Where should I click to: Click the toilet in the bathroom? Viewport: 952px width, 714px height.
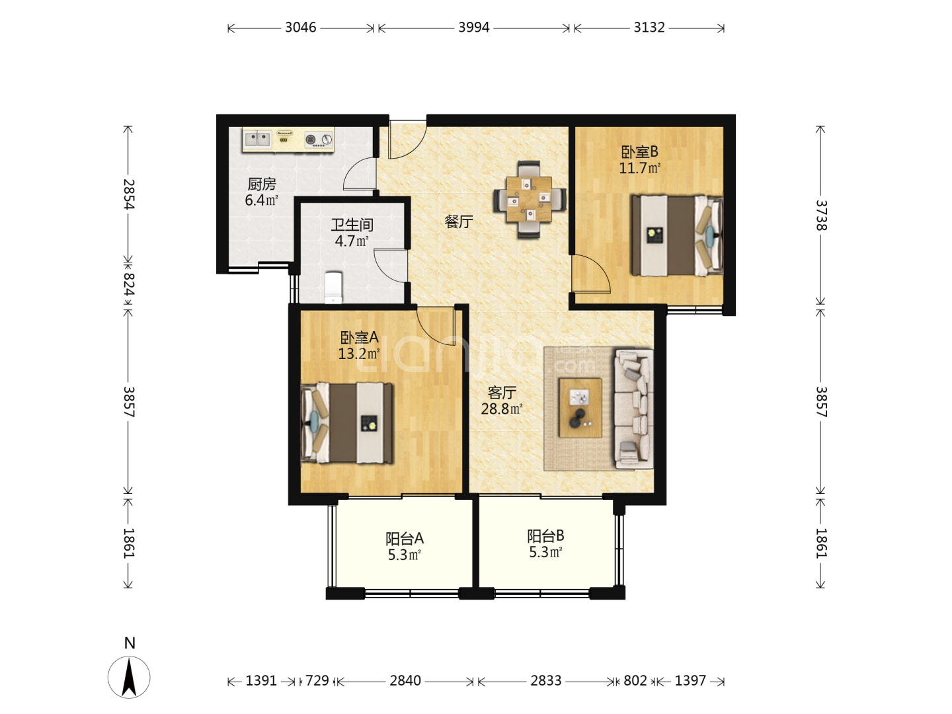(333, 287)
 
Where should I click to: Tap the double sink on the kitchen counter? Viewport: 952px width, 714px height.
(258, 139)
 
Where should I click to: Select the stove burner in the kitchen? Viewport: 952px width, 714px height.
(319, 139)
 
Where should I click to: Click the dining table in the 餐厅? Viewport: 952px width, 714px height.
(529, 200)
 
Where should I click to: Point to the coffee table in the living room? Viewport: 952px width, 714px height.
(580, 407)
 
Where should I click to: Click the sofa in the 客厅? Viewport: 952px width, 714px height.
(633, 409)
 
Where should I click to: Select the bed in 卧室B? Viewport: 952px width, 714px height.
(677, 235)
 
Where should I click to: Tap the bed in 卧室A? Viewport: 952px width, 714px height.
(347, 423)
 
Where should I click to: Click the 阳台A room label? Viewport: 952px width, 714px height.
(404, 539)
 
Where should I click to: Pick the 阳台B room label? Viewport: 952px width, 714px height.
(545, 536)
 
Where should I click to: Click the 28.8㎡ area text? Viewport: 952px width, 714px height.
(501, 409)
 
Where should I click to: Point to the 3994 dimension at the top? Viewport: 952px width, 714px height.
(473, 28)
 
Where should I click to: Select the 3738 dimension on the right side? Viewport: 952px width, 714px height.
(821, 216)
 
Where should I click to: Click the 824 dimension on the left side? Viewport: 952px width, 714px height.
(129, 284)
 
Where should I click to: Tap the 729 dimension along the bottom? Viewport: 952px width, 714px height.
(317, 681)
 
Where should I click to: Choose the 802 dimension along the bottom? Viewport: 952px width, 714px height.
(635, 681)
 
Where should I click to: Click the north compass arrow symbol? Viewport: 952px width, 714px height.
(129, 677)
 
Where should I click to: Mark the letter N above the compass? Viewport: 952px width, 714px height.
(130, 643)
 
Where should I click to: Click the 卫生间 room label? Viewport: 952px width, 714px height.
(352, 225)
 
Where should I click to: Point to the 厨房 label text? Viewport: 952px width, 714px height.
(262, 184)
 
